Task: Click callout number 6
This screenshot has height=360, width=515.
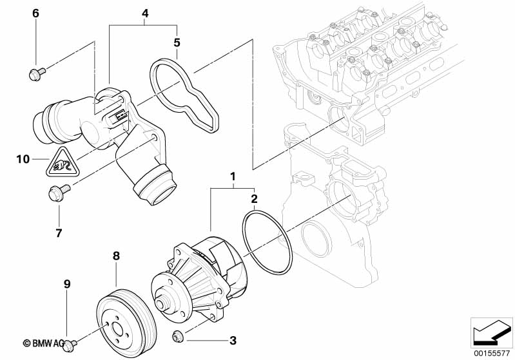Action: click(x=35, y=14)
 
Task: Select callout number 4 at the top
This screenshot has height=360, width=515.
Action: click(x=145, y=14)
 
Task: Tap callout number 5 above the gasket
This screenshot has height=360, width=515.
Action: click(x=177, y=43)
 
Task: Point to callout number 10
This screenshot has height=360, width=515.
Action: click(x=23, y=160)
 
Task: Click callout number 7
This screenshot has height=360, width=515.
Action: click(x=59, y=233)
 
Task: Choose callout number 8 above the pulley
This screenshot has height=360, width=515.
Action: click(x=116, y=256)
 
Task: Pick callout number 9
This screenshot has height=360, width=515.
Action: click(x=66, y=284)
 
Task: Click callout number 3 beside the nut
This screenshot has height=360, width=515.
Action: click(x=233, y=341)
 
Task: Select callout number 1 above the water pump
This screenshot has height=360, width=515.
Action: click(x=233, y=177)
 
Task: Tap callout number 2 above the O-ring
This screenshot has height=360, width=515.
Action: click(x=254, y=198)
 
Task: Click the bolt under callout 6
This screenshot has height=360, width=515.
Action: click(x=37, y=73)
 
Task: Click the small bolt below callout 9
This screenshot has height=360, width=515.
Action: click(x=70, y=345)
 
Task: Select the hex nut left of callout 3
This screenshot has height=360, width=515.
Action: click(x=178, y=336)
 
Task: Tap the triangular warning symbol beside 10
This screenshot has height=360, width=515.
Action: click(x=61, y=162)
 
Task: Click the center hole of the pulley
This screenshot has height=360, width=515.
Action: click(x=117, y=329)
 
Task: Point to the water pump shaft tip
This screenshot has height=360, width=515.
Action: click(x=160, y=304)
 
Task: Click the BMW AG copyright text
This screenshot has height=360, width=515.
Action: click(x=44, y=343)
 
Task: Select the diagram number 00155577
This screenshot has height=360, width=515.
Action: click(x=492, y=354)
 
